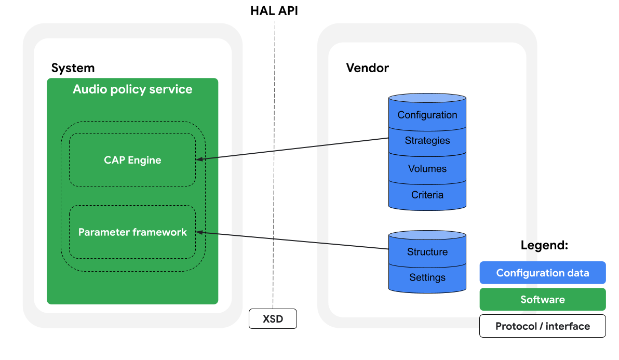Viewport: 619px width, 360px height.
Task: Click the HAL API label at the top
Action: point(274,11)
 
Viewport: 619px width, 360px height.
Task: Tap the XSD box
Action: point(273,318)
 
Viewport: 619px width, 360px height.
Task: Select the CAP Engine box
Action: point(132,159)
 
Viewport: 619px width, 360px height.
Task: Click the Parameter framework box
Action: point(132,232)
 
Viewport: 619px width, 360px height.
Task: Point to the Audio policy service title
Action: point(132,89)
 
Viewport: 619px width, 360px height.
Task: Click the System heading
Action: point(73,68)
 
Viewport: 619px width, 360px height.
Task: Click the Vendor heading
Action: point(367,68)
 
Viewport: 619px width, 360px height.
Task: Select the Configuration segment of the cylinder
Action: point(427,115)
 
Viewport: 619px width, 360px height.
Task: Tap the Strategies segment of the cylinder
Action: point(427,141)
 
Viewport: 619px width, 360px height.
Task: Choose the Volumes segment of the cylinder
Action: point(427,169)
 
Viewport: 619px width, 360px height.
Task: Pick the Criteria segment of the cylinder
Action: point(427,195)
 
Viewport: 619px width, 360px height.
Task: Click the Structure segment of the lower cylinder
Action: point(427,252)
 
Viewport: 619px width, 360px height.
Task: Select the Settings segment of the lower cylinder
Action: point(427,277)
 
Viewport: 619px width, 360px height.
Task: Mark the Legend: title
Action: point(544,246)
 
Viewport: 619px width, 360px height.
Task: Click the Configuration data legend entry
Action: point(542,273)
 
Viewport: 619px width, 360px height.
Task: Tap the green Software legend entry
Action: point(542,300)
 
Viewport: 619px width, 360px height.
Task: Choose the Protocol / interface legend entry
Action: point(542,326)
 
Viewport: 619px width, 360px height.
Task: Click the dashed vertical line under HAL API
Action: point(274,156)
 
